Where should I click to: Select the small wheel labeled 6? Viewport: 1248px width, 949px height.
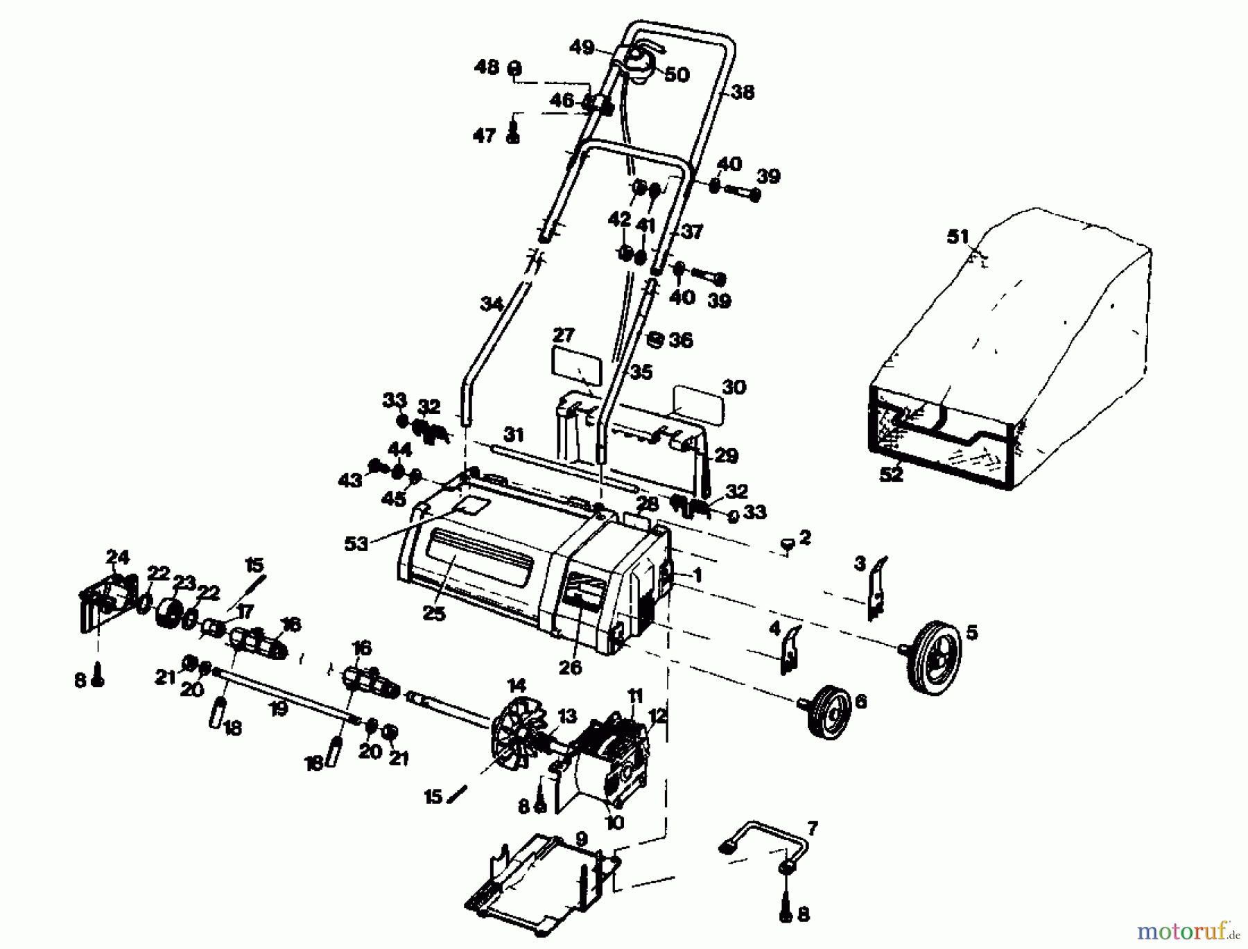pos(831,711)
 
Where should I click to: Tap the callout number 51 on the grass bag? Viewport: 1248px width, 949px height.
pos(957,236)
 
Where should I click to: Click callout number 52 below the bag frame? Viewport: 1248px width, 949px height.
pos(891,475)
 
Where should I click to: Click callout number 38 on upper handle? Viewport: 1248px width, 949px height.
pos(742,92)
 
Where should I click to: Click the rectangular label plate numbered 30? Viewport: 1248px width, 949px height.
pos(697,406)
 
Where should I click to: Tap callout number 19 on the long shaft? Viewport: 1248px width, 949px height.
pos(278,708)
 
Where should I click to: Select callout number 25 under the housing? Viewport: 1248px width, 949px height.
pos(434,613)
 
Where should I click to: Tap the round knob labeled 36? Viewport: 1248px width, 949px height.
pos(655,339)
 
